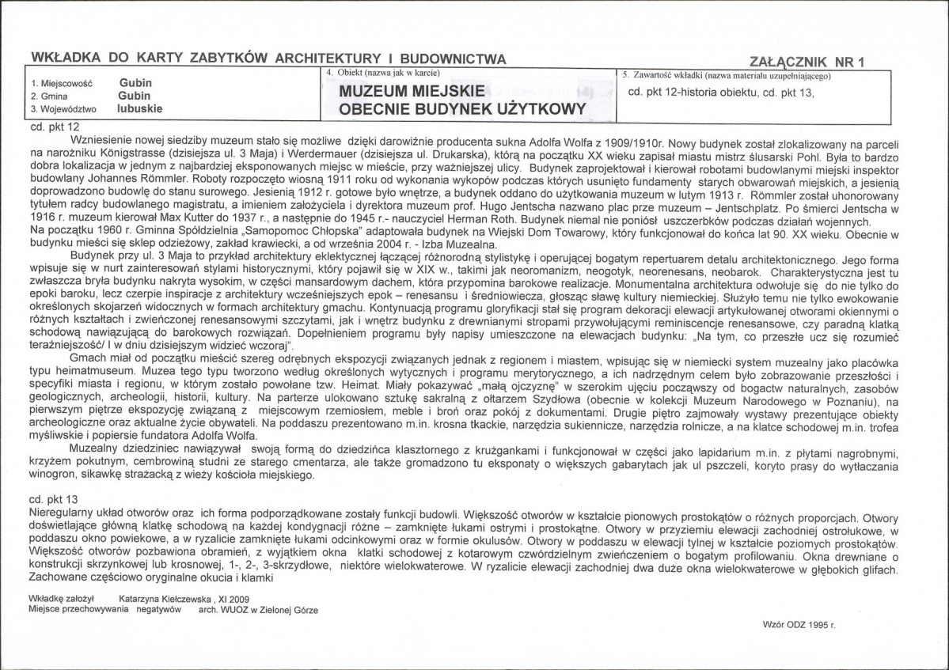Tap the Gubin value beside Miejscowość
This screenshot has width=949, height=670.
[135, 82]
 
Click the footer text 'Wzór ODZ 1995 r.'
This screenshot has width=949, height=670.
[801, 624]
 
